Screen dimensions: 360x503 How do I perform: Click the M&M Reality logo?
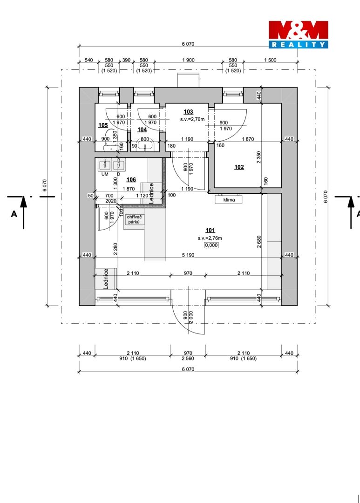tap(298, 34)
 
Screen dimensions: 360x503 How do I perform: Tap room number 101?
tap(210, 231)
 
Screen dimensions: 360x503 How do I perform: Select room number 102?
tap(239, 167)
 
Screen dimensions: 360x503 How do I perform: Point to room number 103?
tap(188, 112)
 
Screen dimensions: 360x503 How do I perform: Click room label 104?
tap(142, 129)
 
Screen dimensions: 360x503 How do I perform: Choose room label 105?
tap(103, 125)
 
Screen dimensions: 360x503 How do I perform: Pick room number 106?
tap(131, 180)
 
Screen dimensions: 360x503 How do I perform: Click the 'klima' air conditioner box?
tap(229, 199)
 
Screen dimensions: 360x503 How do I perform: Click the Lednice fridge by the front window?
tap(106, 279)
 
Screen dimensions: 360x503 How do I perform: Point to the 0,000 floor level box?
tap(212, 245)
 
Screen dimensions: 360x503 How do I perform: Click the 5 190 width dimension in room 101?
tap(188, 255)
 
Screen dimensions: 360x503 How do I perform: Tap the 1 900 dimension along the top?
tap(188, 60)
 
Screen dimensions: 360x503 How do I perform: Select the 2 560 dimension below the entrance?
tap(188, 358)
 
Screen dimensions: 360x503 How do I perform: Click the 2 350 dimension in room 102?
tap(259, 157)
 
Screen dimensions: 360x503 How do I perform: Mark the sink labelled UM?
tap(104, 165)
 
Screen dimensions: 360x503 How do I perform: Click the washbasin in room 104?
tap(145, 146)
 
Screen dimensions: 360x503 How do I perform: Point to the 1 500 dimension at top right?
tap(270, 60)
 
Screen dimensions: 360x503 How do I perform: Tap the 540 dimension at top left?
tap(88, 60)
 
